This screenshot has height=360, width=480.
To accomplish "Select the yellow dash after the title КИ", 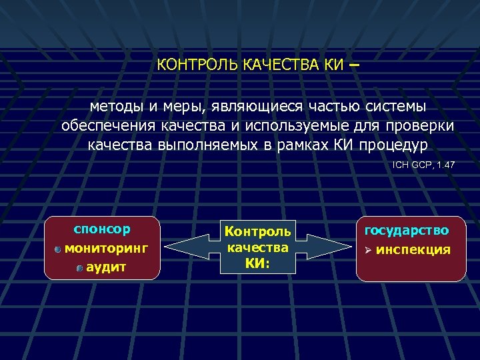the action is (x=353, y=65).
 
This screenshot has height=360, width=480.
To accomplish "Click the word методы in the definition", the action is (x=117, y=107).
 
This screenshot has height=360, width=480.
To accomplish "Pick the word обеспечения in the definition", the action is (x=107, y=126).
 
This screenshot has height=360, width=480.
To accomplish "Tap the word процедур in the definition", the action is (x=396, y=145).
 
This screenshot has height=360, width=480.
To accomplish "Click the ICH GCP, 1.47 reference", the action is (x=423, y=164).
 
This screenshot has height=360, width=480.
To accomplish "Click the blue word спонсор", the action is (x=101, y=229).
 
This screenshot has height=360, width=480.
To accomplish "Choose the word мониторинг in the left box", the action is (x=107, y=248).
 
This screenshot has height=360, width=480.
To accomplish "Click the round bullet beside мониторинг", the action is (x=59, y=249).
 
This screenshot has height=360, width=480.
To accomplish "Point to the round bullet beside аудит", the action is (x=79, y=268).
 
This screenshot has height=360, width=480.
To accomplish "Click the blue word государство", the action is (x=406, y=231).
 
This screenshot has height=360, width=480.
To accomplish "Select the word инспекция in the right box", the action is (x=413, y=250).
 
